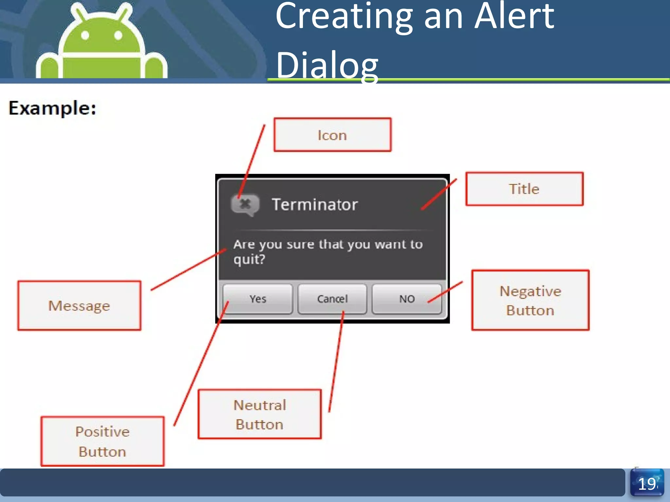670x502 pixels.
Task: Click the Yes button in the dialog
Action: [258, 299]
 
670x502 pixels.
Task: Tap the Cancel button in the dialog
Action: [332, 299]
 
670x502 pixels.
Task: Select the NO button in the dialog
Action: [407, 299]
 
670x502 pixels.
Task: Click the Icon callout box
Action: [332, 135]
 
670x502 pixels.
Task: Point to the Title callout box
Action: [524, 189]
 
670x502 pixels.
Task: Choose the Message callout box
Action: [79, 306]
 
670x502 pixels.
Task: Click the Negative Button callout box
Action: [530, 300]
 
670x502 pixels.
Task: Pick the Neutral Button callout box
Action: [260, 414]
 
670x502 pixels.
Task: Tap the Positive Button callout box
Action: [102, 441]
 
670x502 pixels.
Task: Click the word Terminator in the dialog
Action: [315, 205]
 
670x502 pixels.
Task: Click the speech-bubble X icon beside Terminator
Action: [245, 205]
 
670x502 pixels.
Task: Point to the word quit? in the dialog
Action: [249, 259]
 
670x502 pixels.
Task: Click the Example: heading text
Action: [52, 108]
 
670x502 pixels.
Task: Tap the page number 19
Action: [647, 484]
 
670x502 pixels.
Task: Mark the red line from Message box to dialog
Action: [188, 270]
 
